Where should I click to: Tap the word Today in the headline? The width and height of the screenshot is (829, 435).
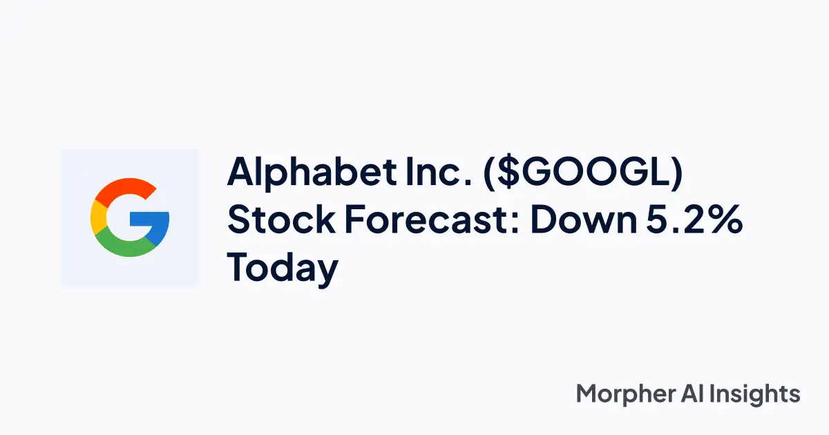coord(283,268)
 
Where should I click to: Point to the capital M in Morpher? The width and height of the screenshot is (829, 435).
coord(588,394)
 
